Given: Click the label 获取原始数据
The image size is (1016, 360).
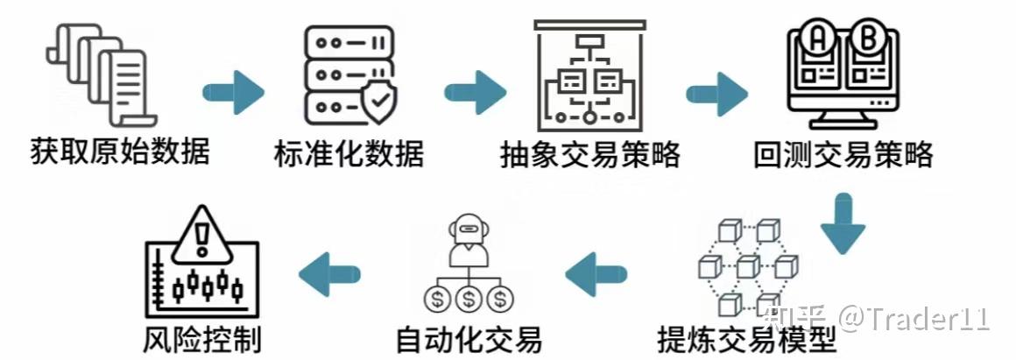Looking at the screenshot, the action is click(121, 152).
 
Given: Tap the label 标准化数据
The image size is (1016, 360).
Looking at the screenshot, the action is click(349, 153).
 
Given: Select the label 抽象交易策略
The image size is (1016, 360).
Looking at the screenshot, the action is click(590, 155).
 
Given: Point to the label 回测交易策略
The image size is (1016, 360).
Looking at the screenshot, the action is click(843, 155).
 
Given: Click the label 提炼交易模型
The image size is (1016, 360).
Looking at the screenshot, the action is click(746, 339).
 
